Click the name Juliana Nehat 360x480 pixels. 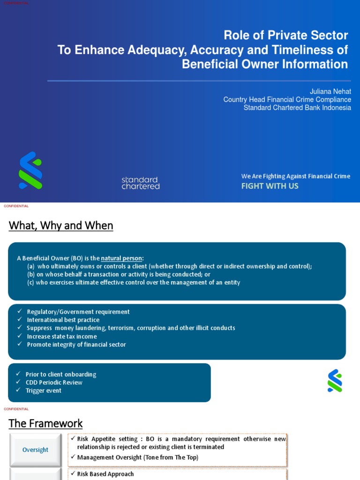point(330,91)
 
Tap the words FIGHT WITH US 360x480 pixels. point(270,186)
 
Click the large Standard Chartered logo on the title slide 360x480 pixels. point(30,170)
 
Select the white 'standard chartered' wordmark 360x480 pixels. point(141,183)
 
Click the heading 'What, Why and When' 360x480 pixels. point(61,225)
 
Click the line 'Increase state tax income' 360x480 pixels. point(62,336)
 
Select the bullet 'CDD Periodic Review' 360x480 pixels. point(54,382)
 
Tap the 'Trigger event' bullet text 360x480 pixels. point(44,390)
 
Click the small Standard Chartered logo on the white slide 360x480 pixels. point(335,381)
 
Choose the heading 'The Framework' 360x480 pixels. point(45,423)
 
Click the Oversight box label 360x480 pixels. point(35,450)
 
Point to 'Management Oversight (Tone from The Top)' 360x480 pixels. point(137,457)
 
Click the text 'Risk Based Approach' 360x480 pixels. point(105,474)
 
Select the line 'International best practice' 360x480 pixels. point(63,320)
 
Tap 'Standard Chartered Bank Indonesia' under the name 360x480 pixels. point(297,107)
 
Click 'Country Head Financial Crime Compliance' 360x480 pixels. point(287,99)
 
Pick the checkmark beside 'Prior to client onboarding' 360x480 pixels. point(18,374)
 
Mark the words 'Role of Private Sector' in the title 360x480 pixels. point(285,35)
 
